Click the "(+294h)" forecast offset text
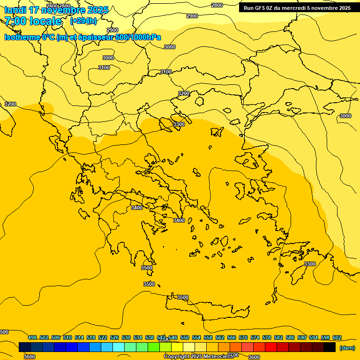83,21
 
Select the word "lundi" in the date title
15,10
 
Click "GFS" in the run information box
261,8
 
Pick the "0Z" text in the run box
270,8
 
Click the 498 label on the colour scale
32,337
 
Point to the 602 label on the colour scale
337,337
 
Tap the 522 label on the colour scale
103,337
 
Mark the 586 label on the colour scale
290,337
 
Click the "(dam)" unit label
347,347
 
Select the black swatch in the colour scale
330,347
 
